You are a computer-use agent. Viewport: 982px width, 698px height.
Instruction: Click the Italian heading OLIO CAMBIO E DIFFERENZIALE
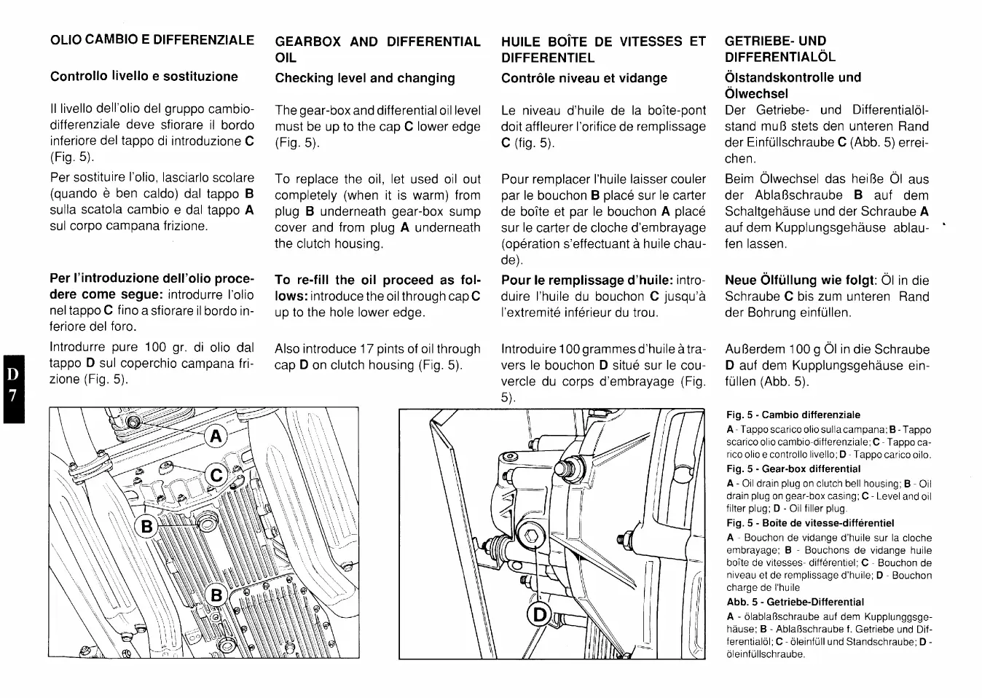coord(152,40)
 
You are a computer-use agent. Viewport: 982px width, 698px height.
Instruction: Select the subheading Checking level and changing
coord(364,78)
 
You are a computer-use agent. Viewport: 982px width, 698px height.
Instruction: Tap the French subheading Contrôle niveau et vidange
coord(584,78)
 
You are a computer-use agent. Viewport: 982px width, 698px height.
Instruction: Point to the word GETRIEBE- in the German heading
coord(755,41)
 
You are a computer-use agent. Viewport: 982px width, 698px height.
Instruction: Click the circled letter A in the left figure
coord(215,436)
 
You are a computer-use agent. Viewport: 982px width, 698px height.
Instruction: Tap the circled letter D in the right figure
coord(539,615)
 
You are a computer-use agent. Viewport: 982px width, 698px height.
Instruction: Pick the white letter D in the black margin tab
coord(12,375)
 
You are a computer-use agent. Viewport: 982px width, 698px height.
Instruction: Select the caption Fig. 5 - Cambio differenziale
coord(793,415)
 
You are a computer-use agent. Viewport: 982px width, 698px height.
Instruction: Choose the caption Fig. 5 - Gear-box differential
coord(793,469)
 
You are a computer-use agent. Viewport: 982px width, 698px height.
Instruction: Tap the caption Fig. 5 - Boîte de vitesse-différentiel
coord(809,523)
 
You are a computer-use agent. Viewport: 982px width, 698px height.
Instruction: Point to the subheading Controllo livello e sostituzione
coord(144,77)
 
